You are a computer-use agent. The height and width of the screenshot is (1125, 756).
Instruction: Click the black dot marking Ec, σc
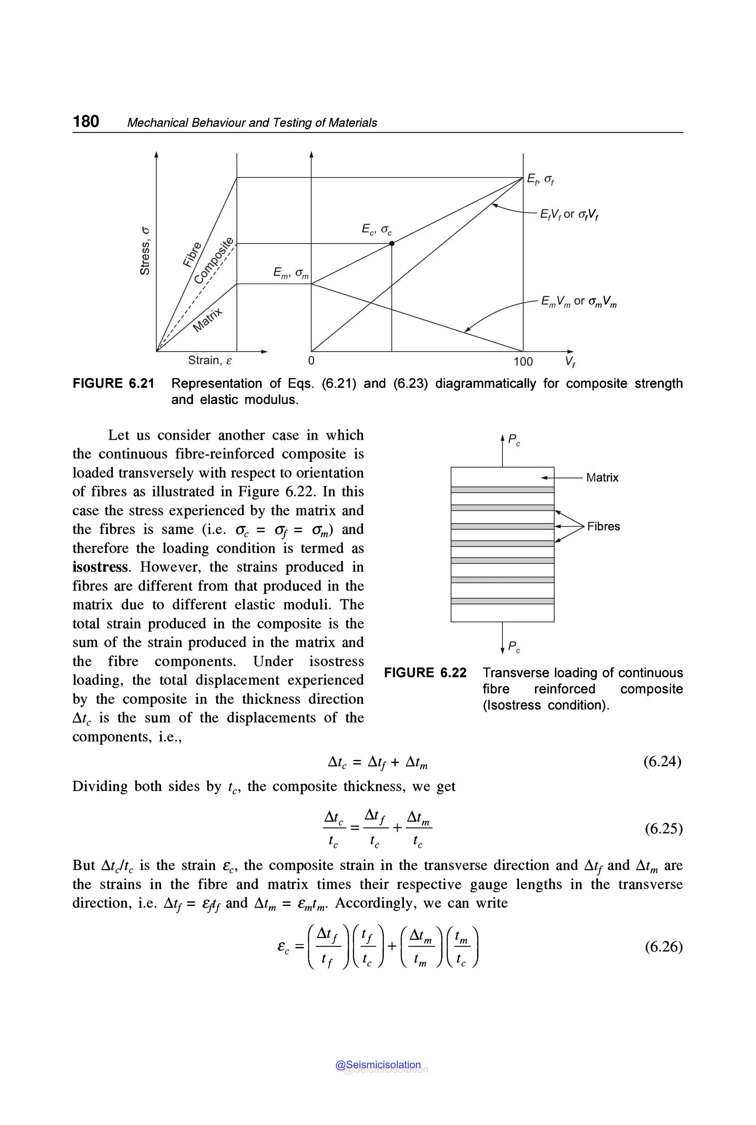tap(392, 244)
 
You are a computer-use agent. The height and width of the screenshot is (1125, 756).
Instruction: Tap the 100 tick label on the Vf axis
tap(523, 361)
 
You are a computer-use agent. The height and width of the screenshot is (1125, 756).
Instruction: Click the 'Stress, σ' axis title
tap(145, 250)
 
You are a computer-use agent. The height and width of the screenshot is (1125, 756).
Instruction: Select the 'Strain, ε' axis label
tap(210, 360)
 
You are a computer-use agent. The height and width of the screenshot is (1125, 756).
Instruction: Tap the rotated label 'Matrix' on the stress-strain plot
tap(207, 320)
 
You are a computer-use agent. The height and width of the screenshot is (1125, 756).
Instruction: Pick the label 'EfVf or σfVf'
tap(569, 214)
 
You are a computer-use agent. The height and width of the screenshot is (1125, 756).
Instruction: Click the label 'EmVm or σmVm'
tap(578, 302)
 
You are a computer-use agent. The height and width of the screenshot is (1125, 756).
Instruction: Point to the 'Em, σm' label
tap(291, 273)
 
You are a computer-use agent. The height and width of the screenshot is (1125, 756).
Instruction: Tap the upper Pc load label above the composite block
tap(514, 439)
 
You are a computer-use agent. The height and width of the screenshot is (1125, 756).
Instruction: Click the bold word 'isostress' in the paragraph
tap(101, 567)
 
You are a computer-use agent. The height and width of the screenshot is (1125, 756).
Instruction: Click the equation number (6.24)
tap(662, 761)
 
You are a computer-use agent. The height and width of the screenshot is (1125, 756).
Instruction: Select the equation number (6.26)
tap(663, 947)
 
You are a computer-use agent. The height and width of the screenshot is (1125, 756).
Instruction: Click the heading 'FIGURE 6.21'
tap(113, 384)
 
